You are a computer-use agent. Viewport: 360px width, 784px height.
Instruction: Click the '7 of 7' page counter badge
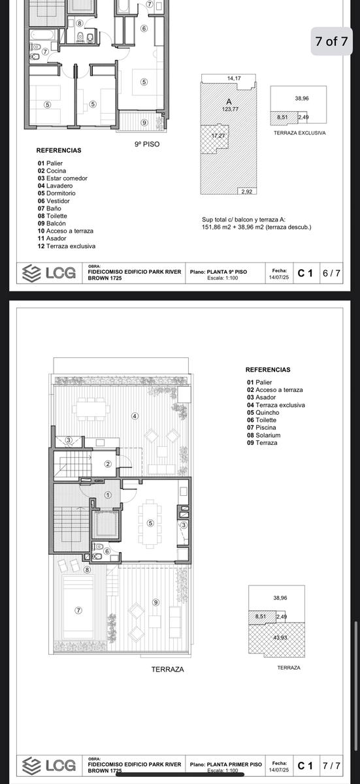(x=331, y=41)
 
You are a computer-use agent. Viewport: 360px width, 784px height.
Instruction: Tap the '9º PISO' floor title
(x=147, y=144)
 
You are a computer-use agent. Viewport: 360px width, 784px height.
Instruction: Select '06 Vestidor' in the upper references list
(x=54, y=201)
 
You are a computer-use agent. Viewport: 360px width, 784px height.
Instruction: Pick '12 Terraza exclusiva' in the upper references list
(x=67, y=246)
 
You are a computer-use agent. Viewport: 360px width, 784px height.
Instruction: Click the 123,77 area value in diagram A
(x=230, y=109)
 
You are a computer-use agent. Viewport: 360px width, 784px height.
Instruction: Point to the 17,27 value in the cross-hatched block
(x=218, y=135)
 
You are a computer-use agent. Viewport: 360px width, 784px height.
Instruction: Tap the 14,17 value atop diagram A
(x=234, y=78)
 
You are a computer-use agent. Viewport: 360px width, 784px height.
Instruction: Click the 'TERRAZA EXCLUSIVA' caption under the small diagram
(x=299, y=133)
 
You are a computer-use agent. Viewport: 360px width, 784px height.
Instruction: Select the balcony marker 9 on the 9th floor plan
(x=144, y=123)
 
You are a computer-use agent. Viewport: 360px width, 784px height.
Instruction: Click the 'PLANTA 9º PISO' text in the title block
(x=227, y=272)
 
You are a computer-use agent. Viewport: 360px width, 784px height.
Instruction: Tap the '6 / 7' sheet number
(x=331, y=273)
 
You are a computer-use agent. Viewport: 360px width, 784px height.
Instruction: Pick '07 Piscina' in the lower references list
(x=261, y=428)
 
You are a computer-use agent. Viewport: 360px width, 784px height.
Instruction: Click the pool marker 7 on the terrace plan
(x=78, y=610)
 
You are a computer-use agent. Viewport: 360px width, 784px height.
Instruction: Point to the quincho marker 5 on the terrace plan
(x=150, y=523)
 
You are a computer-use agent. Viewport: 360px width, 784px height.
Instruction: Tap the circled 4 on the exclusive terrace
(x=135, y=416)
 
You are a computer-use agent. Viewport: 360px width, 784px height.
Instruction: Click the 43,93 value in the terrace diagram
(x=280, y=638)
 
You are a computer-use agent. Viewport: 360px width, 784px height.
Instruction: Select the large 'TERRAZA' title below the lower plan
(x=167, y=669)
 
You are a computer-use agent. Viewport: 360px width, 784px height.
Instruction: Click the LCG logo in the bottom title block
(x=49, y=765)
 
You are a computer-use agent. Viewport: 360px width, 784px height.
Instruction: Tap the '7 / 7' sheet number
(x=331, y=766)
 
